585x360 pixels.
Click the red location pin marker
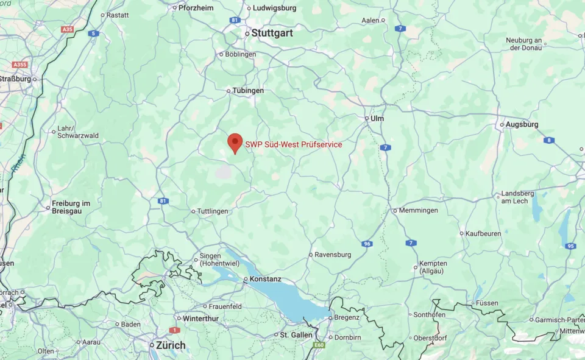pyautogui.click(x=235, y=143)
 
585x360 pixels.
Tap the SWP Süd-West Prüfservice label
pyautogui.click(x=293, y=144)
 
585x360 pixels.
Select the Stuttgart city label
pyautogui.click(x=272, y=34)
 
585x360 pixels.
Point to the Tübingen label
pyautogui.click(x=248, y=91)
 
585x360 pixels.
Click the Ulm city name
pyautogui.click(x=377, y=118)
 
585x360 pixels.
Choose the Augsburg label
pyautogui.click(x=522, y=124)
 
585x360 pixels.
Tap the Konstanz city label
pyautogui.click(x=266, y=279)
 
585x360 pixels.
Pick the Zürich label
pyautogui.click(x=171, y=345)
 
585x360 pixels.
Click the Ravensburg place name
pyautogui.click(x=333, y=255)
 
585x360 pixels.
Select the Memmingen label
pyautogui.click(x=418, y=210)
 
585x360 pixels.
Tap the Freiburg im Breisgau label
pyautogui.click(x=71, y=207)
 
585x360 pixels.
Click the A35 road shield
pyautogui.click(x=67, y=29)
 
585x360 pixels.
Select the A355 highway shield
pyautogui.click(x=20, y=65)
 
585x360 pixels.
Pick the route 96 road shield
pyautogui.click(x=366, y=244)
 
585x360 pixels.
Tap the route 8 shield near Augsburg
pyautogui.click(x=549, y=141)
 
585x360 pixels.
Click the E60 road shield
pyautogui.click(x=319, y=345)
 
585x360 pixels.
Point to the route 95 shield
pyautogui.click(x=570, y=246)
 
